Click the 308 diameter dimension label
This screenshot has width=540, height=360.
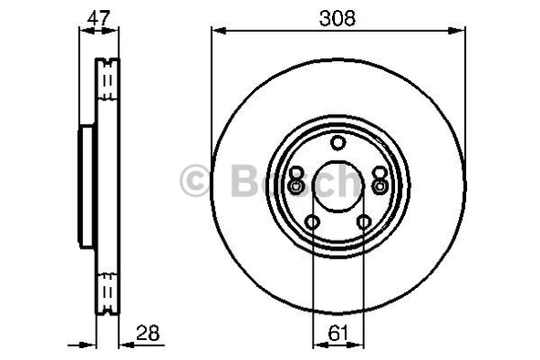[x=337, y=17]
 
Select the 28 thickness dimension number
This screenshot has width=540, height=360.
[x=146, y=333]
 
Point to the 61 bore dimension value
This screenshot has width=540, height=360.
[x=337, y=333]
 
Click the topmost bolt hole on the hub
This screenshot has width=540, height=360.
[x=337, y=142]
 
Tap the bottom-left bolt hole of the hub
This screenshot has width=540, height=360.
[x=312, y=222]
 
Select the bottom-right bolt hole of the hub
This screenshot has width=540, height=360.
[x=363, y=222]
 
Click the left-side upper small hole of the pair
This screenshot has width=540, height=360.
[x=296, y=173]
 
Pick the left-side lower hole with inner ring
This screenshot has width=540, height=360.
[x=296, y=186]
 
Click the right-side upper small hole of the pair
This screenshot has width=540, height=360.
[x=379, y=173]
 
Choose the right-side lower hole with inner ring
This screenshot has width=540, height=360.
[x=379, y=186]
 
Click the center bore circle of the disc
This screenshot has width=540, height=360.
[x=337, y=187]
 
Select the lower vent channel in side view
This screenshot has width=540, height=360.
[x=108, y=292]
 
